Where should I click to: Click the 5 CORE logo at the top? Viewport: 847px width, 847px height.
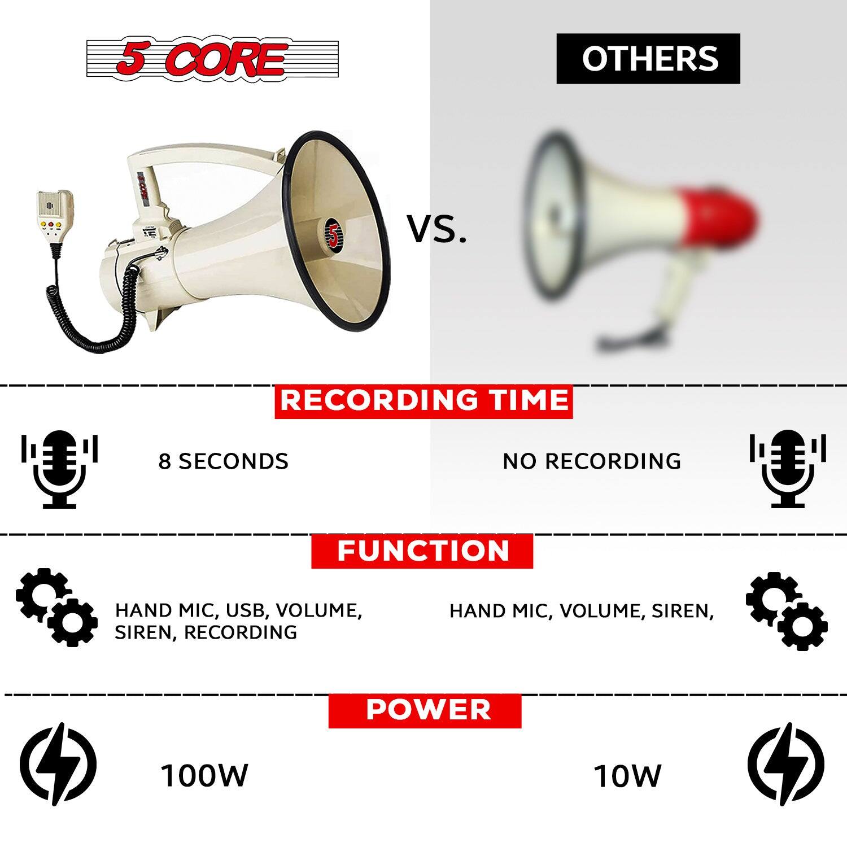click(212, 59)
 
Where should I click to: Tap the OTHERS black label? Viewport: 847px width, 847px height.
click(648, 59)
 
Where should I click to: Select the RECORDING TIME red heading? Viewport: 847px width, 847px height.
click(423, 401)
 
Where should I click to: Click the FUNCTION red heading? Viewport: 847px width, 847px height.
click(422, 551)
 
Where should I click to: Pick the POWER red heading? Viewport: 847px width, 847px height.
click(425, 710)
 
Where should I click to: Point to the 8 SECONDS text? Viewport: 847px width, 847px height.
click(223, 461)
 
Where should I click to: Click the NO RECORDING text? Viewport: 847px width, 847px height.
click(592, 461)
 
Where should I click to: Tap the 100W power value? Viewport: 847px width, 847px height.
click(204, 775)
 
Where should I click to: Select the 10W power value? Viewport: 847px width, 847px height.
click(627, 776)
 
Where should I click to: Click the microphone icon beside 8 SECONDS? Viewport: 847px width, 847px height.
click(59, 469)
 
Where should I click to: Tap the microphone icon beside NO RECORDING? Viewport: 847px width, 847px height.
click(788, 469)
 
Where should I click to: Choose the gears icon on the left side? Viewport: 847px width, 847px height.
click(56, 606)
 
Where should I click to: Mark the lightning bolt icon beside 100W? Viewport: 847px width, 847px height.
click(58, 764)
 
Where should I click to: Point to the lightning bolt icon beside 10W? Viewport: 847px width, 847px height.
click(786, 764)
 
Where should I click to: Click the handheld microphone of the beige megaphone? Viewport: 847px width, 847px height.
click(55, 217)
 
